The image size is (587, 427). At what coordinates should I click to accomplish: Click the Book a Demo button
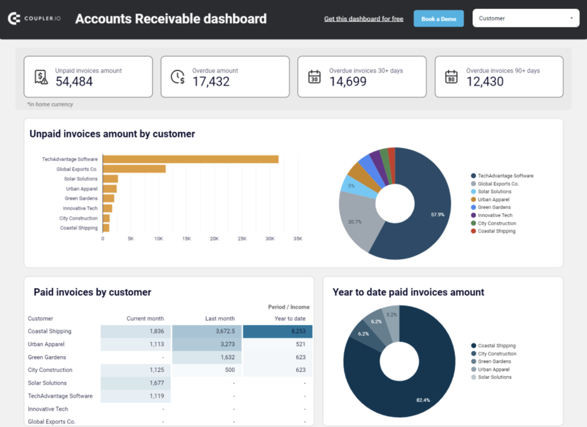click(x=438, y=19)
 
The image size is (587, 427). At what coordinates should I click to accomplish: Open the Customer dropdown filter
click(x=526, y=18)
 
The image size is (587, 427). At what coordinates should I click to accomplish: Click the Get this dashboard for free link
click(x=363, y=19)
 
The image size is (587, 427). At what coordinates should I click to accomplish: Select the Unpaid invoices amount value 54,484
click(x=74, y=82)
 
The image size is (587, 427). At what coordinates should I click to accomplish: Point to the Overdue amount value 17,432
click(x=211, y=82)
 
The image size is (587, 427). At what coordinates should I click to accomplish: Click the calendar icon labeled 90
click(x=451, y=77)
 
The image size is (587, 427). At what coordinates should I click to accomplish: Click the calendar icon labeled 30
click(x=314, y=77)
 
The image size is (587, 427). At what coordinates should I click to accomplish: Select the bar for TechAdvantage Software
click(x=190, y=159)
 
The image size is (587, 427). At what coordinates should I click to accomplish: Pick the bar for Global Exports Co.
click(x=134, y=169)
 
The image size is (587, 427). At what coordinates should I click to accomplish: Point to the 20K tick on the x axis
click(x=214, y=238)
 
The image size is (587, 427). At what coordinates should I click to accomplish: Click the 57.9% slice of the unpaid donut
click(x=426, y=221)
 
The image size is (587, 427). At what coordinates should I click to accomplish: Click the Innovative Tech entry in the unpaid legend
click(x=495, y=215)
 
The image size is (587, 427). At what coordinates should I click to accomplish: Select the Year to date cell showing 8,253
click(x=278, y=331)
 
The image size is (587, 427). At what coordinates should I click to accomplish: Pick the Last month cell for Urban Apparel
click(x=206, y=344)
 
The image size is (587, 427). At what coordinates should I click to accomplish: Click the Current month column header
click(x=145, y=318)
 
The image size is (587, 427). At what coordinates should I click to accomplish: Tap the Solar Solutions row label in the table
click(x=47, y=383)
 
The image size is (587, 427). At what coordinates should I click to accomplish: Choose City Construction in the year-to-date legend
click(x=497, y=354)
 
